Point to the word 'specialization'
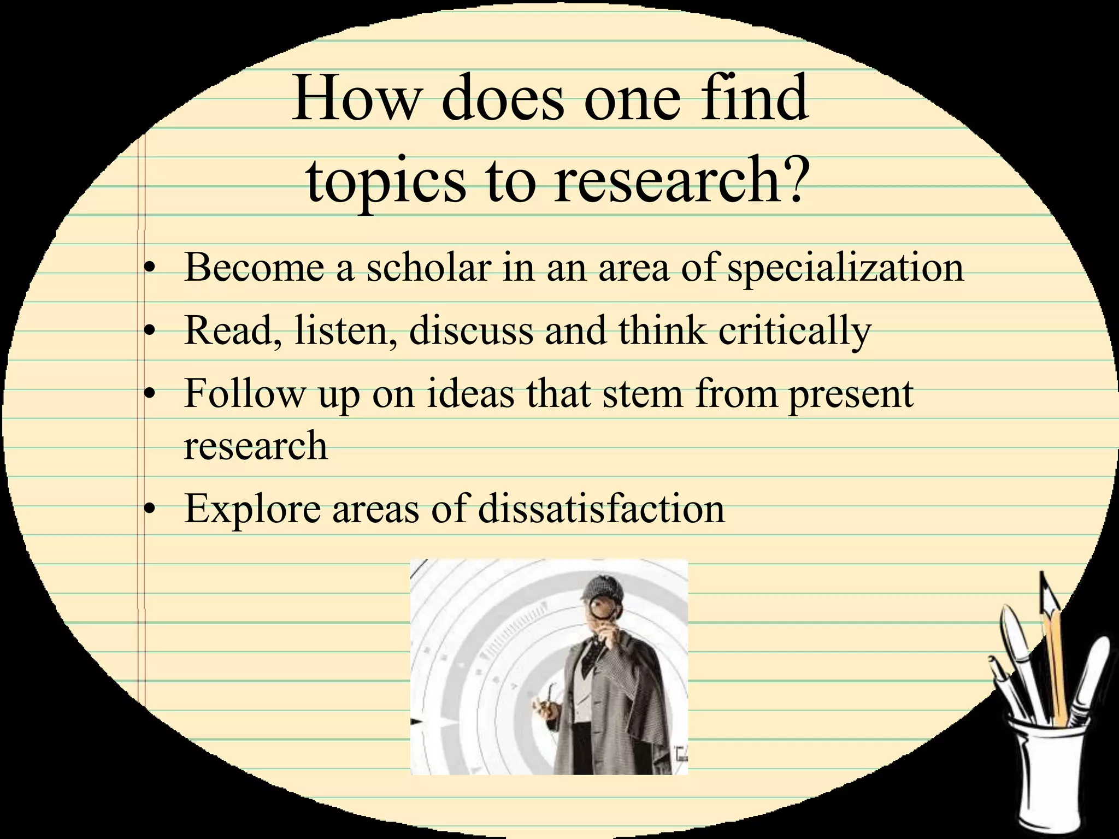845,269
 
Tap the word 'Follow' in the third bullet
244,393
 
